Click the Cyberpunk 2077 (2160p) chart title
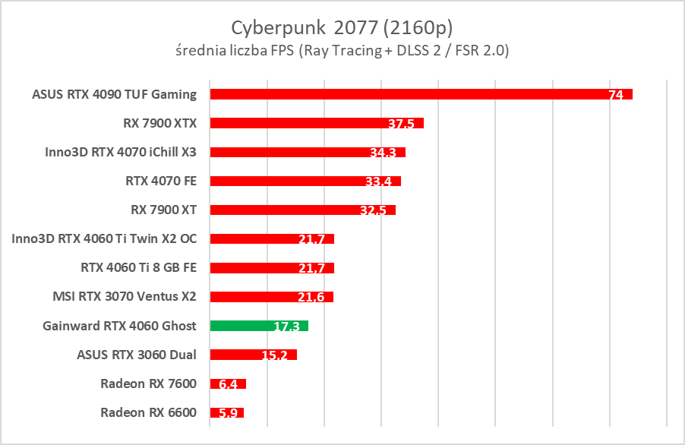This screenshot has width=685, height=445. pyautogui.click(x=342, y=28)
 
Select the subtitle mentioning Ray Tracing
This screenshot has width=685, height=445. pyautogui.click(x=342, y=51)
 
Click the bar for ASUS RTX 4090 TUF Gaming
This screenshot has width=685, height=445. pyautogui.click(x=421, y=94)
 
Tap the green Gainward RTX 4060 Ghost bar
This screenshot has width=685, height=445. pyautogui.click(x=259, y=326)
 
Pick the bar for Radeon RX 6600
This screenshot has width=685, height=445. pyautogui.click(x=226, y=413)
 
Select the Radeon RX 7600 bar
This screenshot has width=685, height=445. pyautogui.click(x=228, y=383)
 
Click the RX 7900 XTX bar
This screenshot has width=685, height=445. pyautogui.click(x=317, y=123)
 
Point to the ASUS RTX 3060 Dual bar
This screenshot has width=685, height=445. pyautogui.click(x=253, y=355)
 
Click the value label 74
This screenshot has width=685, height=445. pyautogui.click(x=616, y=96)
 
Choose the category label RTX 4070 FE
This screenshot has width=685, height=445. pyautogui.click(x=161, y=181)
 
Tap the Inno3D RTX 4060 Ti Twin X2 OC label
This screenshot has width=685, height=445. pyautogui.click(x=104, y=238)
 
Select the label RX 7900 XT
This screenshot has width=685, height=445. pyautogui.click(x=164, y=210)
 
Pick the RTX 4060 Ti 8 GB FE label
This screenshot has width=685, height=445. pyautogui.click(x=138, y=267)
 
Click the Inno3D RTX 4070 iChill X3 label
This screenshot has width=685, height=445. pyautogui.click(x=121, y=152)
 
